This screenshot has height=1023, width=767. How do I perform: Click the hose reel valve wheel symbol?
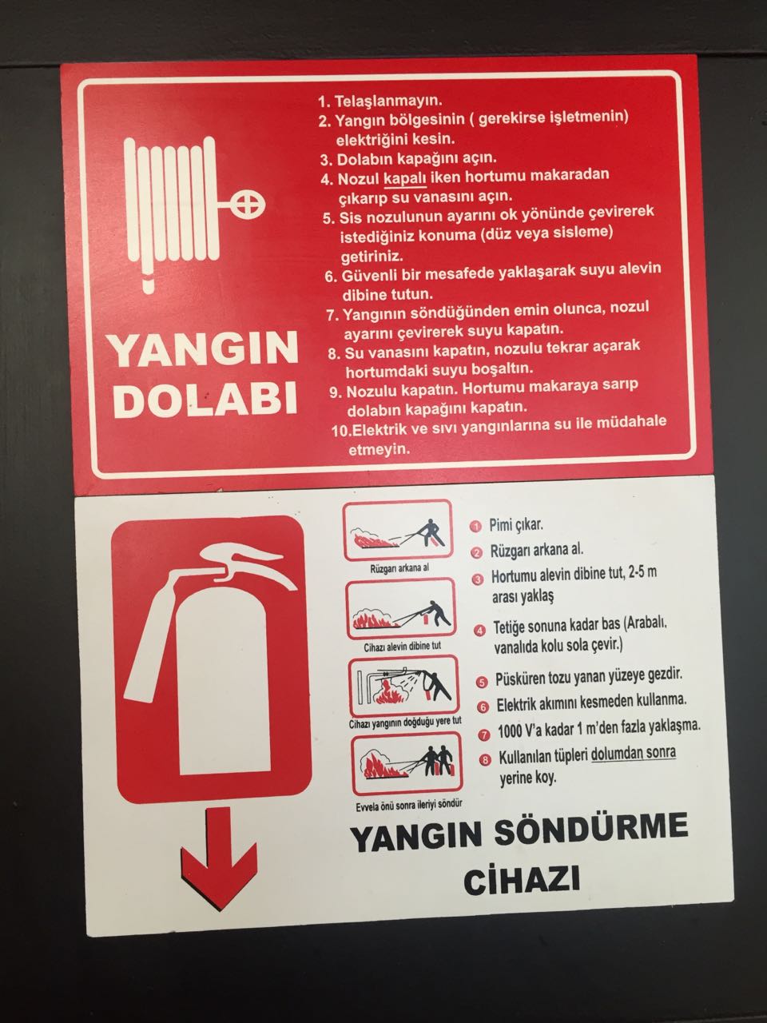[x=248, y=204]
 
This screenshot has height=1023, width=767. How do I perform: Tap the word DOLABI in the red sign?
[x=205, y=399]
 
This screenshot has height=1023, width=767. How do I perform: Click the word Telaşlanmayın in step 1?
[x=388, y=101]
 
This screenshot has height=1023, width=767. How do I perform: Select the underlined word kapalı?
[x=405, y=178]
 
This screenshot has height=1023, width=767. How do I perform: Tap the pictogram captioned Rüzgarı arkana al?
[x=398, y=531]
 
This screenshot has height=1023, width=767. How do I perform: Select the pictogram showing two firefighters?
[x=407, y=764]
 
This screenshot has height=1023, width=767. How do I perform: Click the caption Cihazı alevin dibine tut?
[x=403, y=647]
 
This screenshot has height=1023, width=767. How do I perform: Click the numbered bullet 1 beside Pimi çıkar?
[x=476, y=527]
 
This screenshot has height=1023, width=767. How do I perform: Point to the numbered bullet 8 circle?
[x=486, y=760]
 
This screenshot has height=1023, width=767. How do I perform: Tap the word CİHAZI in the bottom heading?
[x=522, y=881]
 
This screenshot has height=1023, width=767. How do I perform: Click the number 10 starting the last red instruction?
[x=340, y=431]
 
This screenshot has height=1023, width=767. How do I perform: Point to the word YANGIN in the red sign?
[x=204, y=348]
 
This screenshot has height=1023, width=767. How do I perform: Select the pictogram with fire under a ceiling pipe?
[x=404, y=686]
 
